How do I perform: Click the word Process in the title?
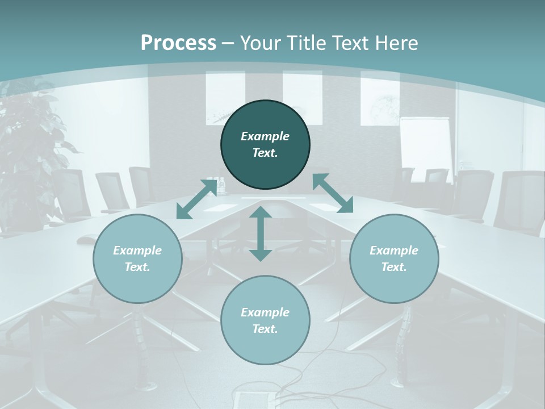[178, 43]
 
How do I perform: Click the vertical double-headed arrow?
[261, 233]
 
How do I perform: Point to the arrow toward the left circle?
[196, 199]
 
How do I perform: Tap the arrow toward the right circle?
[333, 193]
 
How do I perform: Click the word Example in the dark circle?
[265, 136]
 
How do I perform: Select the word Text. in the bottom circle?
[265, 329]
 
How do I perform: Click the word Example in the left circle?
[137, 251]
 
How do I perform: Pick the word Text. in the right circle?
[394, 267]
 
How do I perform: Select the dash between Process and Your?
[228, 43]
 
